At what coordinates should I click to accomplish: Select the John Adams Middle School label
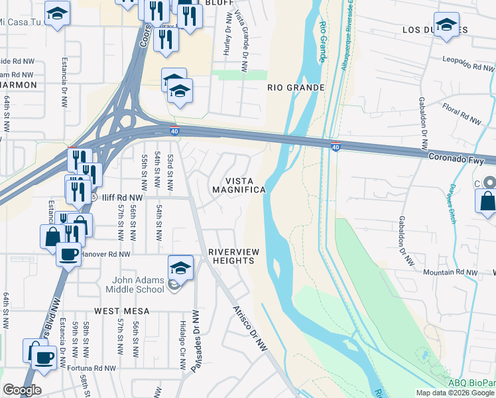tap(135, 285)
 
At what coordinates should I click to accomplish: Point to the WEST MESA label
tap(121, 310)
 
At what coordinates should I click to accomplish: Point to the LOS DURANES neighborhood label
tap(436, 30)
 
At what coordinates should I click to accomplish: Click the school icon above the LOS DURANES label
tap(446, 25)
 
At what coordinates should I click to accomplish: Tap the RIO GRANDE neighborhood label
tap(296, 88)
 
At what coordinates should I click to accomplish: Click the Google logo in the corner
tap(22, 390)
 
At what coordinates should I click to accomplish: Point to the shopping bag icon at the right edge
tap(486, 200)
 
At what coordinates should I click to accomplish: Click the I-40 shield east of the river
tap(336, 144)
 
